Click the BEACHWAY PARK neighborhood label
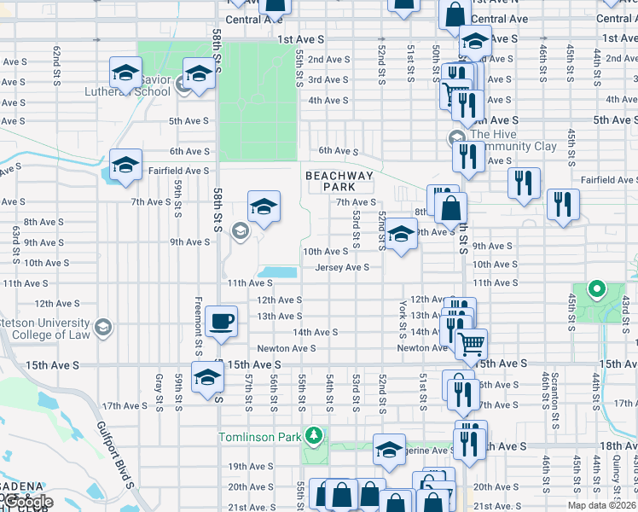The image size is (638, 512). (339, 181)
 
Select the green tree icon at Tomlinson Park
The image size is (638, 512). (316, 436)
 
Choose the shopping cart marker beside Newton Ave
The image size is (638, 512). (471, 344)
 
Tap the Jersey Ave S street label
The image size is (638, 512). (342, 267)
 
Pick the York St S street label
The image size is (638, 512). (400, 317)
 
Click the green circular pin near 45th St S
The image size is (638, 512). (597, 289)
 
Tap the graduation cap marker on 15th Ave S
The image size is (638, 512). (207, 377)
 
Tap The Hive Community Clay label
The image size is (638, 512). (512, 140)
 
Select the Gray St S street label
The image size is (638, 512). (159, 390)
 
